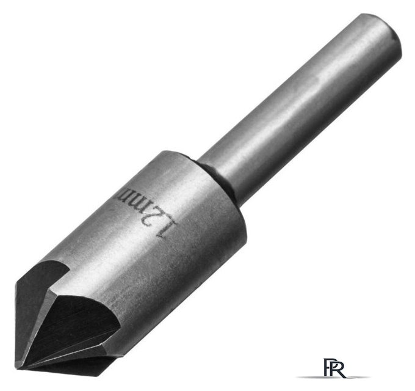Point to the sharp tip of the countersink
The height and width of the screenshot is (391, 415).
(17, 369)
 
